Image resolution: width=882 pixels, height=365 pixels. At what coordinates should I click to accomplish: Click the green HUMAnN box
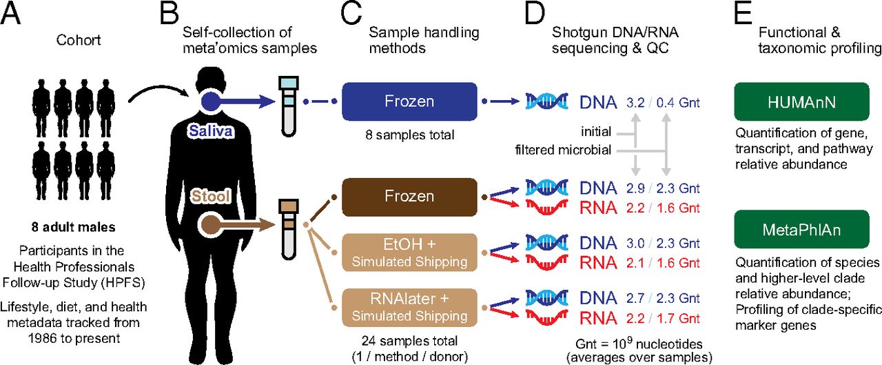[x=792, y=103]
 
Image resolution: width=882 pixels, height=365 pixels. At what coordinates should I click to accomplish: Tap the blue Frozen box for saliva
[x=409, y=101]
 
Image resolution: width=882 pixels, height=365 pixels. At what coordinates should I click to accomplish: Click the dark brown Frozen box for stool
[x=409, y=197]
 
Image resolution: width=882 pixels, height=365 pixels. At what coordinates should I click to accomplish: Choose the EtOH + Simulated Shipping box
[x=409, y=253]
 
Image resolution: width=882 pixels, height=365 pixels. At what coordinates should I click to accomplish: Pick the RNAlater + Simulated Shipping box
[x=409, y=308]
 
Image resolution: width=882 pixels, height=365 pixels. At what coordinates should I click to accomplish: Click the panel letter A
[x=12, y=14]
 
